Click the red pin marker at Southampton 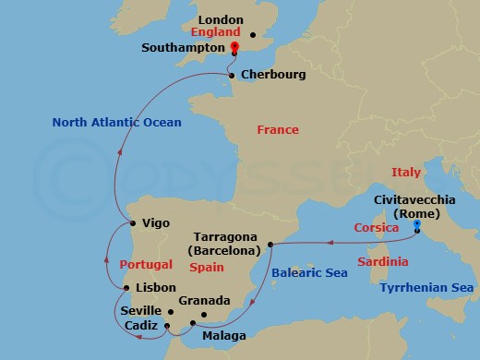coord(234,48)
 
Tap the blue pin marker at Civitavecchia coord(417,225)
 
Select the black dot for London coord(253,35)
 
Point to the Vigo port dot coord(133,223)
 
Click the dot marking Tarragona coord(270,245)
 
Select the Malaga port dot coord(192,323)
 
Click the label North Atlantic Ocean coord(116,122)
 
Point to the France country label coord(278,130)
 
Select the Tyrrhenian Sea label coord(427,289)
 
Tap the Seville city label coord(141,311)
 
